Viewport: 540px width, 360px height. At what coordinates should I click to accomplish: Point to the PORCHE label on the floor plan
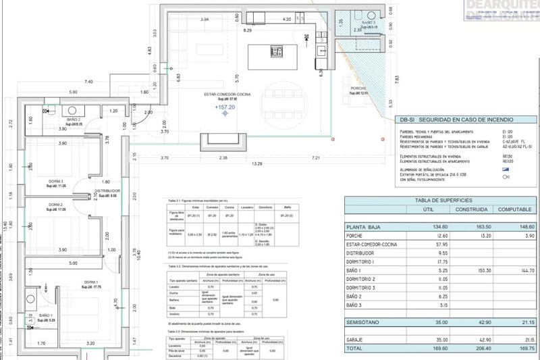click(x=358, y=88)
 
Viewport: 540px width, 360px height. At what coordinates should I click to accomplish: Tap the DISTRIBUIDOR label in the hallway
click(x=107, y=191)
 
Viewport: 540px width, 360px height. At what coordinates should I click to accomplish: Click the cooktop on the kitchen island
click(x=276, y=51)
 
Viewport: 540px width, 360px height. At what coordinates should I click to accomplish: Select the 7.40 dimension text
click(x=88, y=82)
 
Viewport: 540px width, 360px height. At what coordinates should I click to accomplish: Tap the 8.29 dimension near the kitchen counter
click(x=248, y=31)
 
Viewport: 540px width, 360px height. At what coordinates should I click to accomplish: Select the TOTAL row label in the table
click(x=356, y=349)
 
